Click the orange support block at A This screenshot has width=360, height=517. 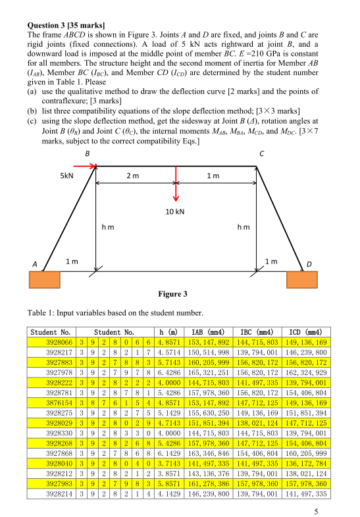click(x=45, y=280)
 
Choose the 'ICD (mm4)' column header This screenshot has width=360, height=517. click(x=306, y=332)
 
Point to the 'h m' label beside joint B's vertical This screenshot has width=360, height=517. click(x=108, y=227)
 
